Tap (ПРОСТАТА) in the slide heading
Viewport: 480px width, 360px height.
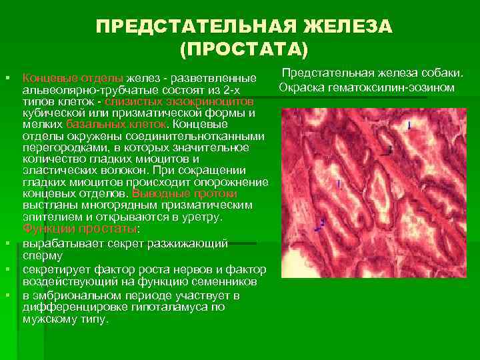pyautogui.click(x=244, y=49)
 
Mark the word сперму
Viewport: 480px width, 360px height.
pyautogui.click(x=43, y=255)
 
